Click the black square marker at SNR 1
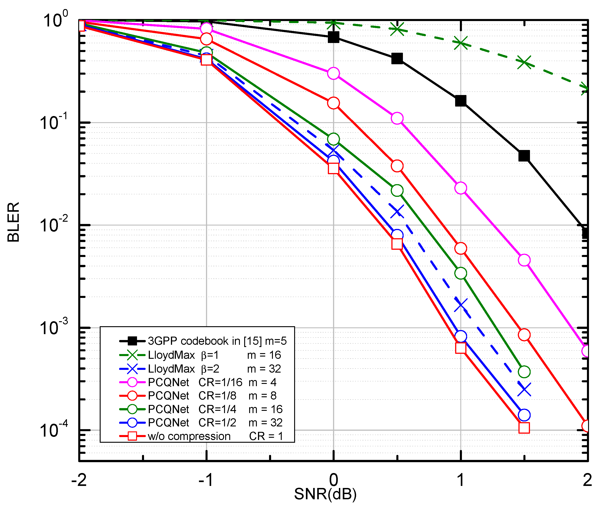[461, 101]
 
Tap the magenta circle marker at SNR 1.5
[524, 260]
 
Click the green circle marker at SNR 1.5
[524, 372]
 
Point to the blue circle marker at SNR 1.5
[524, 415]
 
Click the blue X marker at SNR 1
[461, 305]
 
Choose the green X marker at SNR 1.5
[524, 62]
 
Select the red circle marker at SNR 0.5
[397, 166]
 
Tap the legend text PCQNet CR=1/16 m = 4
[212, 382]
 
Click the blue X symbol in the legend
[132, 369]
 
